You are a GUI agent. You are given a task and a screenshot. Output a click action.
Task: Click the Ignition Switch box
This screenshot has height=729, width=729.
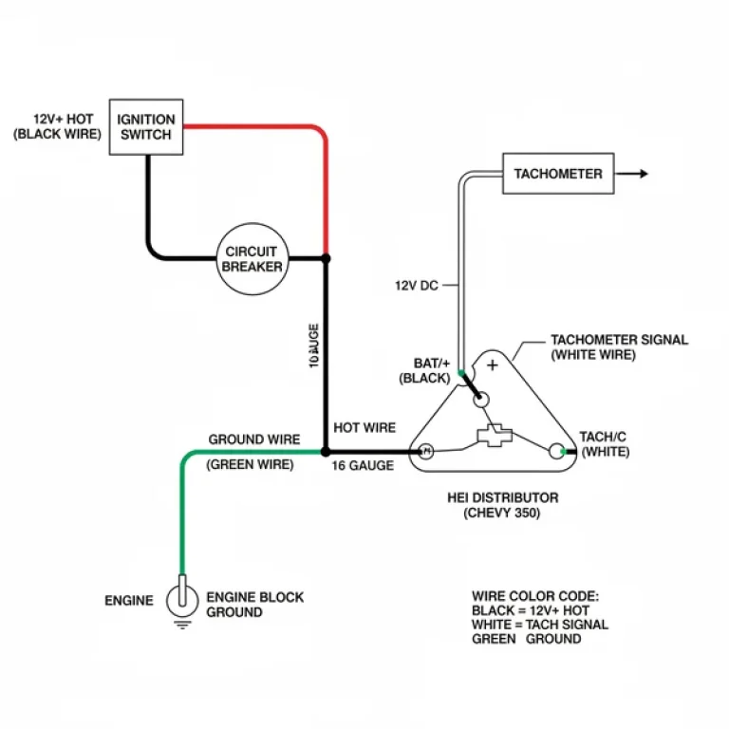coord(146,127)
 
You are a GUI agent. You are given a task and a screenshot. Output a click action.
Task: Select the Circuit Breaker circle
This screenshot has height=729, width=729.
coord(252,258)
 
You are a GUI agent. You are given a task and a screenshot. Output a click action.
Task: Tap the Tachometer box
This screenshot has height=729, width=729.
coord(557,174)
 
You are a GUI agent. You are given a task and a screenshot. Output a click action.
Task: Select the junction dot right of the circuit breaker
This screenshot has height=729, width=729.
coord(326,258)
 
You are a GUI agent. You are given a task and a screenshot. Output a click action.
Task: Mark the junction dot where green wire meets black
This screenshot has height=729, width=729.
coord(326,452)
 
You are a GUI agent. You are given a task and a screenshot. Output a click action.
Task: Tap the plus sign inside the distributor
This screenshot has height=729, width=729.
coord(492,365)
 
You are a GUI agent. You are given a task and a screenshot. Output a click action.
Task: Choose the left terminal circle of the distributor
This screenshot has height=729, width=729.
coord(426,452)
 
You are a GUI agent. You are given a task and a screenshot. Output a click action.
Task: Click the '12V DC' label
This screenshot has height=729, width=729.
coord(416,285)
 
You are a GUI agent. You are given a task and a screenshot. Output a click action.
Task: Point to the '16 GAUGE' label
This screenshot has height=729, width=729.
coord(364,466)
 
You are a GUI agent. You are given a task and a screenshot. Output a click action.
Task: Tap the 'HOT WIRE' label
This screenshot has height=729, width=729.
coord(364,428)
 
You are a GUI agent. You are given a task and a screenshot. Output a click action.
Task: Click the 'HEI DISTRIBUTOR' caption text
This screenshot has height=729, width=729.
coord(502,497)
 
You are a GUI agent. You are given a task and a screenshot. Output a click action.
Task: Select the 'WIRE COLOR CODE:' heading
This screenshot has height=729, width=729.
coord(535,596)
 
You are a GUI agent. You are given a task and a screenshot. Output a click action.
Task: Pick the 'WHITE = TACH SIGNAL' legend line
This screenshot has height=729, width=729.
coord(539,625)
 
